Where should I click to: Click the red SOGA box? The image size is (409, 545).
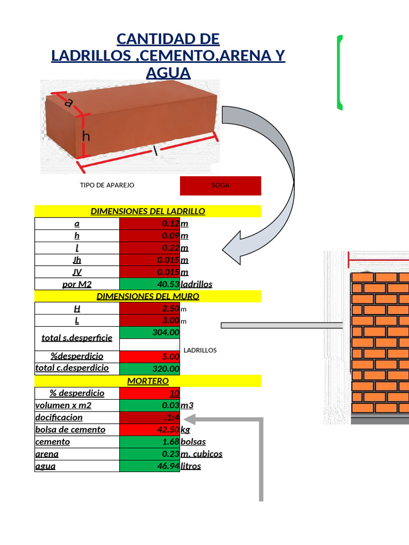[x=220, y=186]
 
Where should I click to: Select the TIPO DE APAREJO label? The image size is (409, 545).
[x=107, y=185]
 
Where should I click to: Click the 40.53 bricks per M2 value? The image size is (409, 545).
[x=150, y=284]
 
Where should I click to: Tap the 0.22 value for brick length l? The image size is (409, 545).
[x=150, y=248]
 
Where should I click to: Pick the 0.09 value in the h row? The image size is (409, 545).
[x=150, y=236]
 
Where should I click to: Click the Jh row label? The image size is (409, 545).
[x=77, y=260]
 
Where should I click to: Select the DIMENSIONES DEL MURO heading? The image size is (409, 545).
[x=148, y=296]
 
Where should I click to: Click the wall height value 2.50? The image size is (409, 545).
[x=150, y=308]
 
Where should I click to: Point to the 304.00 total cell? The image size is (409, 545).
[x=150, y=333]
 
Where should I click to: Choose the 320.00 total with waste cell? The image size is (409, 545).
[x=150, y=369]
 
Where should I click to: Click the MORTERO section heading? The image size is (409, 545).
[x=148, y=381]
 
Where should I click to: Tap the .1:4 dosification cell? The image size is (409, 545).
[x=150, y=417]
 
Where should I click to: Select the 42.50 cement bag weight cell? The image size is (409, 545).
[x=150, y=430]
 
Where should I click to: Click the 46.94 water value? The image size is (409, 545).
[x=150, y=466]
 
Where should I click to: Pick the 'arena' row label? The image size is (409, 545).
[x=47, y=454]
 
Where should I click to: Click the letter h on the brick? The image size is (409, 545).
[x=86, y=136]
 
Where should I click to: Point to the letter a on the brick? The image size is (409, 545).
[x=69, y=103]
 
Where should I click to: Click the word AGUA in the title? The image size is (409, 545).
[x=168, y=73]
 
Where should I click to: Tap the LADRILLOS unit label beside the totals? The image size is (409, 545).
[x=200, y=350]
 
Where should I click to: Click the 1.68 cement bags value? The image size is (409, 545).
[x=150, y=442]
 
